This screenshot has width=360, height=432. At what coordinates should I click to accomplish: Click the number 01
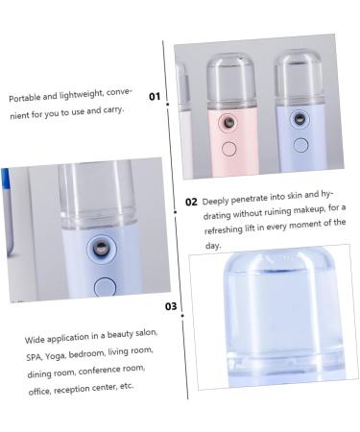click(x=155, y=96)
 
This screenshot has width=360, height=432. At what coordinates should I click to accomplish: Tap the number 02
click(x=191, y=202)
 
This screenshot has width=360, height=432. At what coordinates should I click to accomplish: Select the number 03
click(x=171, y=306)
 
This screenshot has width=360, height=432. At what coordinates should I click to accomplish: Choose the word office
click(x=38, y=388)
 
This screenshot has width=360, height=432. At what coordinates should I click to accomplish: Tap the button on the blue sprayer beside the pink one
click(x=301, y=146)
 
